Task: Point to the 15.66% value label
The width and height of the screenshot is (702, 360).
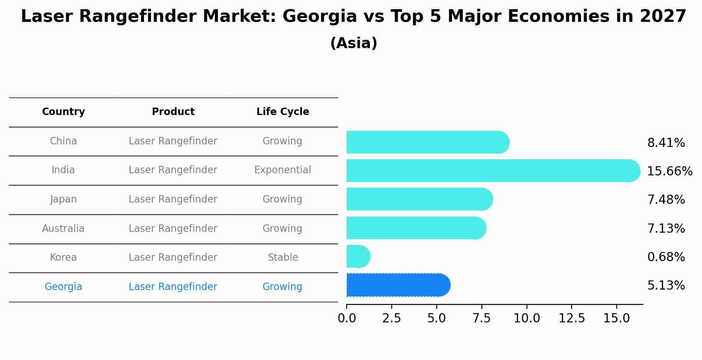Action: pos(669,171)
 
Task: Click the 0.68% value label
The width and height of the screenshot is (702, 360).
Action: pos(666,257)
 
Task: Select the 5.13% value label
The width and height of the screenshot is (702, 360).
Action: pos(666,286)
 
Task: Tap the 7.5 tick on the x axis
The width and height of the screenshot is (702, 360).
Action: pos(481,318)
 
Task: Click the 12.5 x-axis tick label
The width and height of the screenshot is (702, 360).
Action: pos(572,318)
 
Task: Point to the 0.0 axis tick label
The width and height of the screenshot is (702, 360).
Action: pos(347,318)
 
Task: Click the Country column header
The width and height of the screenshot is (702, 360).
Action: pos(63,112)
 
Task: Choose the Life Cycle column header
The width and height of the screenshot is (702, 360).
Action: pos(283,112)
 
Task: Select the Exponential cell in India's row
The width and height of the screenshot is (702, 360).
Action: pos(283,170)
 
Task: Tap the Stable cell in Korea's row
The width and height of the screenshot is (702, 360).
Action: pos(283,258)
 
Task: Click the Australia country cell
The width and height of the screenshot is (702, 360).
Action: pos(63,228)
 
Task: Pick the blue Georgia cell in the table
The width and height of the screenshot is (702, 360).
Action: pos(63,287)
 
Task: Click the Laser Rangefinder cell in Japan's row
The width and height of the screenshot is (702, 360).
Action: pos(173,199)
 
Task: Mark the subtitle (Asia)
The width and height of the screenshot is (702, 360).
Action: pos(354,43)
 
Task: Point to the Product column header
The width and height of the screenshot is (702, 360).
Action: pos(173,112)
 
